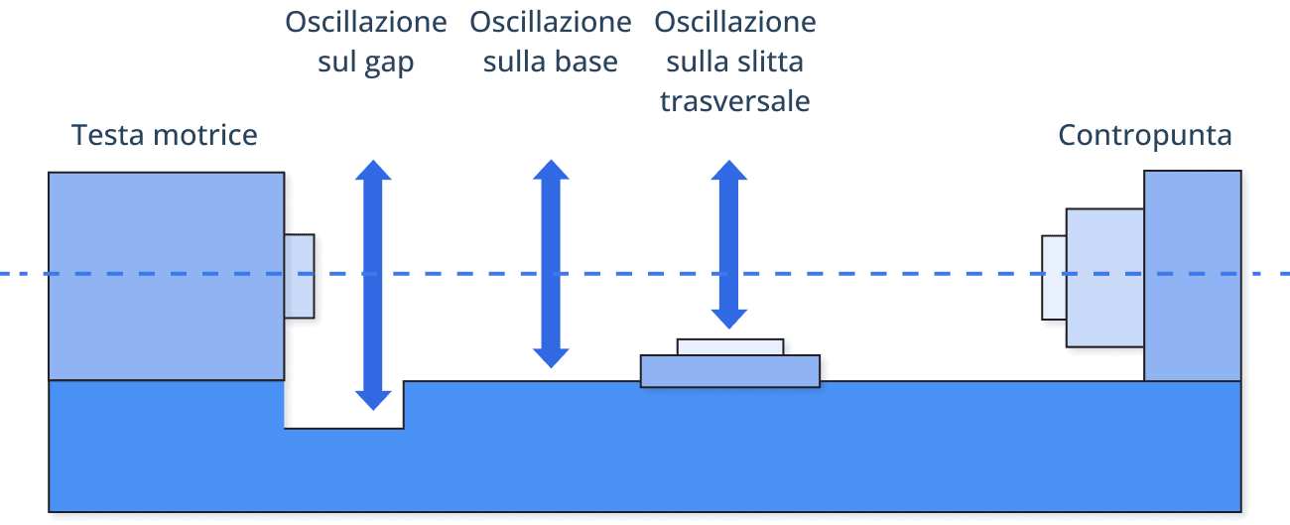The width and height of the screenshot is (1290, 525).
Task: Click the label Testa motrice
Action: [x=165, y=135]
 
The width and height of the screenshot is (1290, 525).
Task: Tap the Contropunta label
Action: [x=1145, y=135]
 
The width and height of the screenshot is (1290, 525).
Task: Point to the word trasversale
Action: [x=735, y=102]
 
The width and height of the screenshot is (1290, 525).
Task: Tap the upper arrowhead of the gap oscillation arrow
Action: [x=374, y=170]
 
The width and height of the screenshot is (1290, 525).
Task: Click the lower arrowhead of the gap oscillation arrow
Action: [x=374, y=399]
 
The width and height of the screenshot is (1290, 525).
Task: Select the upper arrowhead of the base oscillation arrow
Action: [x=551, y=170]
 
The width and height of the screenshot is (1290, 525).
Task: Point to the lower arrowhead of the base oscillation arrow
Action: [x=551, y=357]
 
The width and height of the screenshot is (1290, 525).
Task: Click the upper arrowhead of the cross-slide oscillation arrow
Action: [x=729, y=170]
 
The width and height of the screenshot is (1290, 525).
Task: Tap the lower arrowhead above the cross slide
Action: [x=729, y=318]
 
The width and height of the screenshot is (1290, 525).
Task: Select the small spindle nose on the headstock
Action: [x=300, y=276]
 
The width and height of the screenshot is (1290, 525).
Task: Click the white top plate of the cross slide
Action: [x=730, y=346]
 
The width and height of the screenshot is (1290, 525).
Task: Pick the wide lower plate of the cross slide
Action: [x=730, y=371]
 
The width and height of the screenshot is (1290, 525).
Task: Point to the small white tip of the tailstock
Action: [x=1054, y=278]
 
